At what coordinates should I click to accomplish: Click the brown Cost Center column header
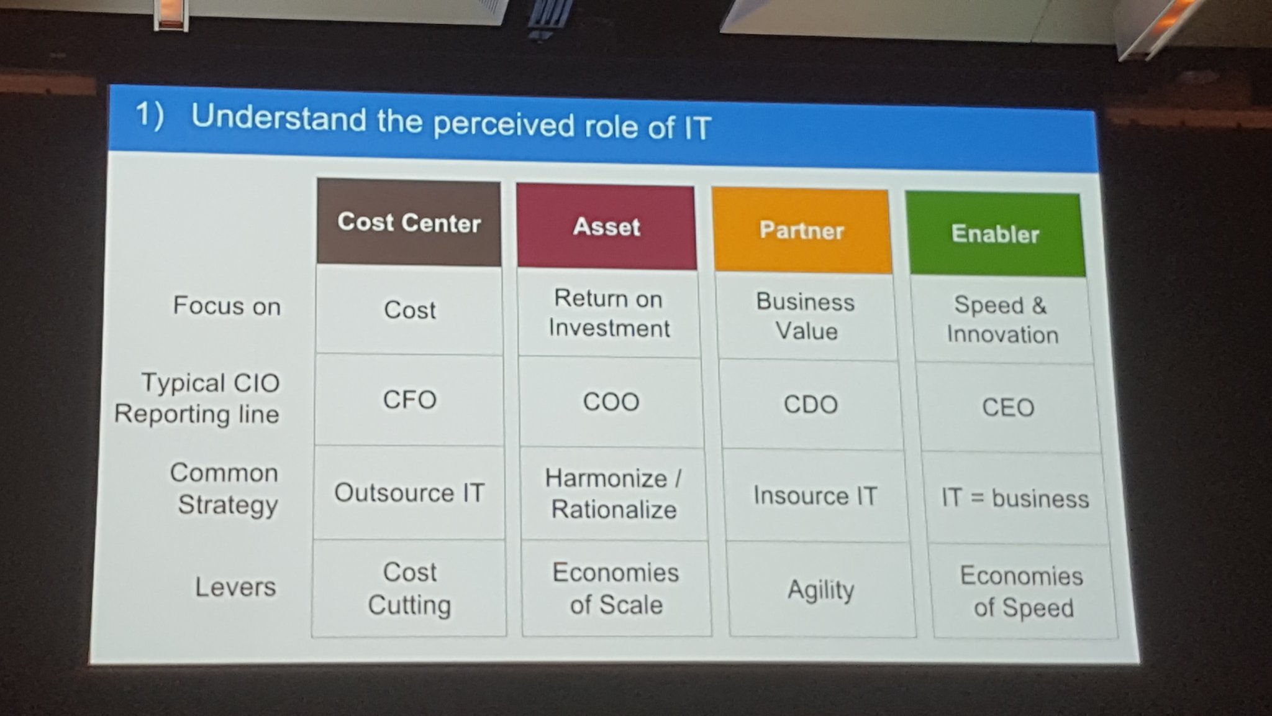pos(409,223)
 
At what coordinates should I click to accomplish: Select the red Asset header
pos(606,227)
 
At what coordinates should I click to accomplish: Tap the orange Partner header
pos(802,231)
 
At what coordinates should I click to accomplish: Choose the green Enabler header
pos(995,234)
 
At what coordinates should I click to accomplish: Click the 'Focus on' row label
pos(227,306)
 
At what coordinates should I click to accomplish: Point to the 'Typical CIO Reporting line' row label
pos(198,398)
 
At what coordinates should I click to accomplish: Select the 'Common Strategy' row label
pos(225,489)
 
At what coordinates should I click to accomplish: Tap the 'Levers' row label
pos(235,587)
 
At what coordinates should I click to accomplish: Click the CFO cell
pos(409,400)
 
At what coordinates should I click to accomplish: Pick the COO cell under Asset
pos(611,402)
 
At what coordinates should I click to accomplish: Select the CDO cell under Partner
pos(811,405)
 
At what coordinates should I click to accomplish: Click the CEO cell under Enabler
pos(1008,408)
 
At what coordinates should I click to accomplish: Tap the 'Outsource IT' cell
pos(409,493)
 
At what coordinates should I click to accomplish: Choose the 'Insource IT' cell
pos(815,496)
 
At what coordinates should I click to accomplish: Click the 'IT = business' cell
pos(1015,498)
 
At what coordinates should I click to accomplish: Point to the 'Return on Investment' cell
pos(609,313)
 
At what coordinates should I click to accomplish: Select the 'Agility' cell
pos(820,589)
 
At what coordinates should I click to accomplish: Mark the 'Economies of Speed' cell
pos(1022,592)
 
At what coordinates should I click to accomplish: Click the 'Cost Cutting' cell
pos(409,588)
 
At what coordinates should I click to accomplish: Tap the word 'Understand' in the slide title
pos(279,117)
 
